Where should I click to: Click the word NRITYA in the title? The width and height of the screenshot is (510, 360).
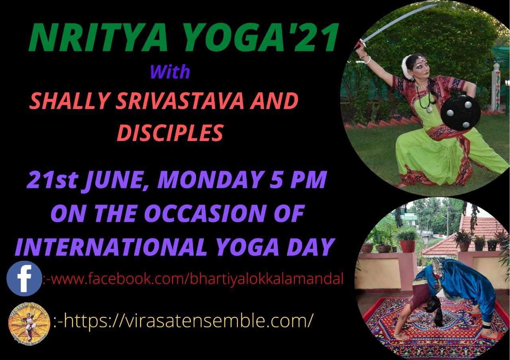point(98,37)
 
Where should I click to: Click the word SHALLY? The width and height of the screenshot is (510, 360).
point(68,101)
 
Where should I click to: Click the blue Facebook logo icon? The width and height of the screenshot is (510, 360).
point(24,278)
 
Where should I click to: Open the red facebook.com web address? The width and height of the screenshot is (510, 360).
point(194,279)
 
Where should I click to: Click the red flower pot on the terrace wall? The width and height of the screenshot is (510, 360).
point(408,246)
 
